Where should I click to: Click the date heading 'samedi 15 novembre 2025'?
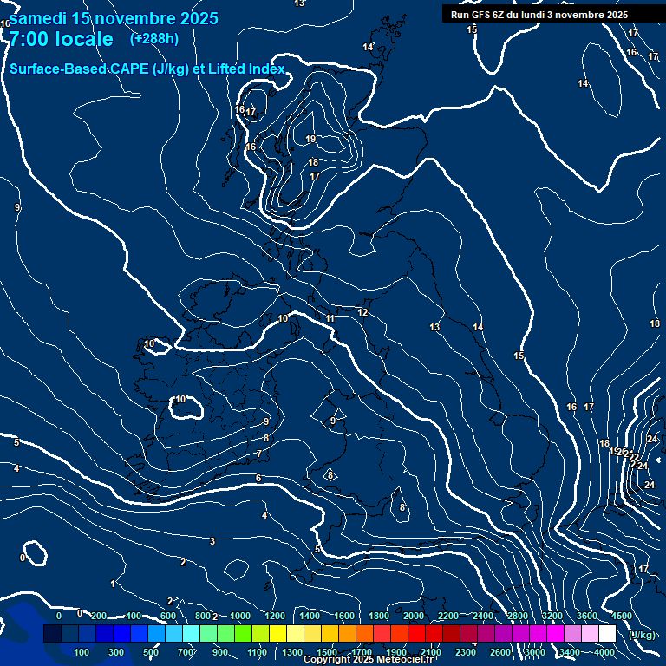pos(114,18)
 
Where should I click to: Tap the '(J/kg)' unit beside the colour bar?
pos(643,636)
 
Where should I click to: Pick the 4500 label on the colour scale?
pos(621,616)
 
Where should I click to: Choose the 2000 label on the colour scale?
pos(414,616)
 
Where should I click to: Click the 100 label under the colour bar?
pos(82,652)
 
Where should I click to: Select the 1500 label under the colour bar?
pos(327,652)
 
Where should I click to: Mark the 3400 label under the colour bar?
pos(570,652)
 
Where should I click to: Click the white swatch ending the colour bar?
pos(608,634)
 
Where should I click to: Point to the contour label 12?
pos(363,313)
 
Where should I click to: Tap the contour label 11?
pos(330,319)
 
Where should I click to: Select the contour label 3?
pos(212,542)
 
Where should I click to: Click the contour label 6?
pos(258,478)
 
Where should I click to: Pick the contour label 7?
pos(258,454)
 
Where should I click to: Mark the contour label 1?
pos(113,584)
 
